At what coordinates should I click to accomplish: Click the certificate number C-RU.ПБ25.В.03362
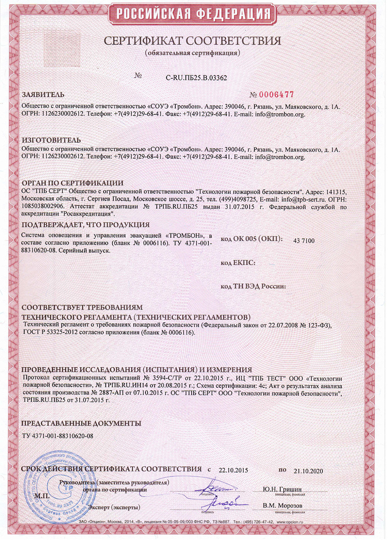[x=196, y=78]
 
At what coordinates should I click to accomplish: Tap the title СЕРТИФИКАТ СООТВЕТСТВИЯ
[x=192, y=41]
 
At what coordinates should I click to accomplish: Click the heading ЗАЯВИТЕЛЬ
[x=43, y=95]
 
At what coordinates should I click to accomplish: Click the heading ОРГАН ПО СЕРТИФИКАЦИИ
[x=72, y=183]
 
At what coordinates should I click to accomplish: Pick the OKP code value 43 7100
[x=304, y=241]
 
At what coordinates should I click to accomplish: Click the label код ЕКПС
[x=238, y=263]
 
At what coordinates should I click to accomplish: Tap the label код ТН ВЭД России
[x=253, y=286]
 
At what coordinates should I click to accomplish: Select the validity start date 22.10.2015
[x=233, y=470]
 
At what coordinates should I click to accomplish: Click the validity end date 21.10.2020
[x=308, y=471]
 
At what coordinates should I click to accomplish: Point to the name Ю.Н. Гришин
[x=282, y=489]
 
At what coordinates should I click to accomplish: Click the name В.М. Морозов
[x=282, y=506]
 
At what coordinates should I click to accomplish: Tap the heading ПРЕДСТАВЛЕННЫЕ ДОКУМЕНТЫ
[x=81, y=423]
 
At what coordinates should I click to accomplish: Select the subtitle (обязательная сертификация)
[x=192, y=53]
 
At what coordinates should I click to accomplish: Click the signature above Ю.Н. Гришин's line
[x=215, y=487]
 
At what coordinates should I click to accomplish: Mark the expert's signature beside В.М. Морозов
[x=224, y=503]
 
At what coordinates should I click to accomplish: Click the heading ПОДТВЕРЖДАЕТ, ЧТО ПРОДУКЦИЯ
[x=86, y=225]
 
